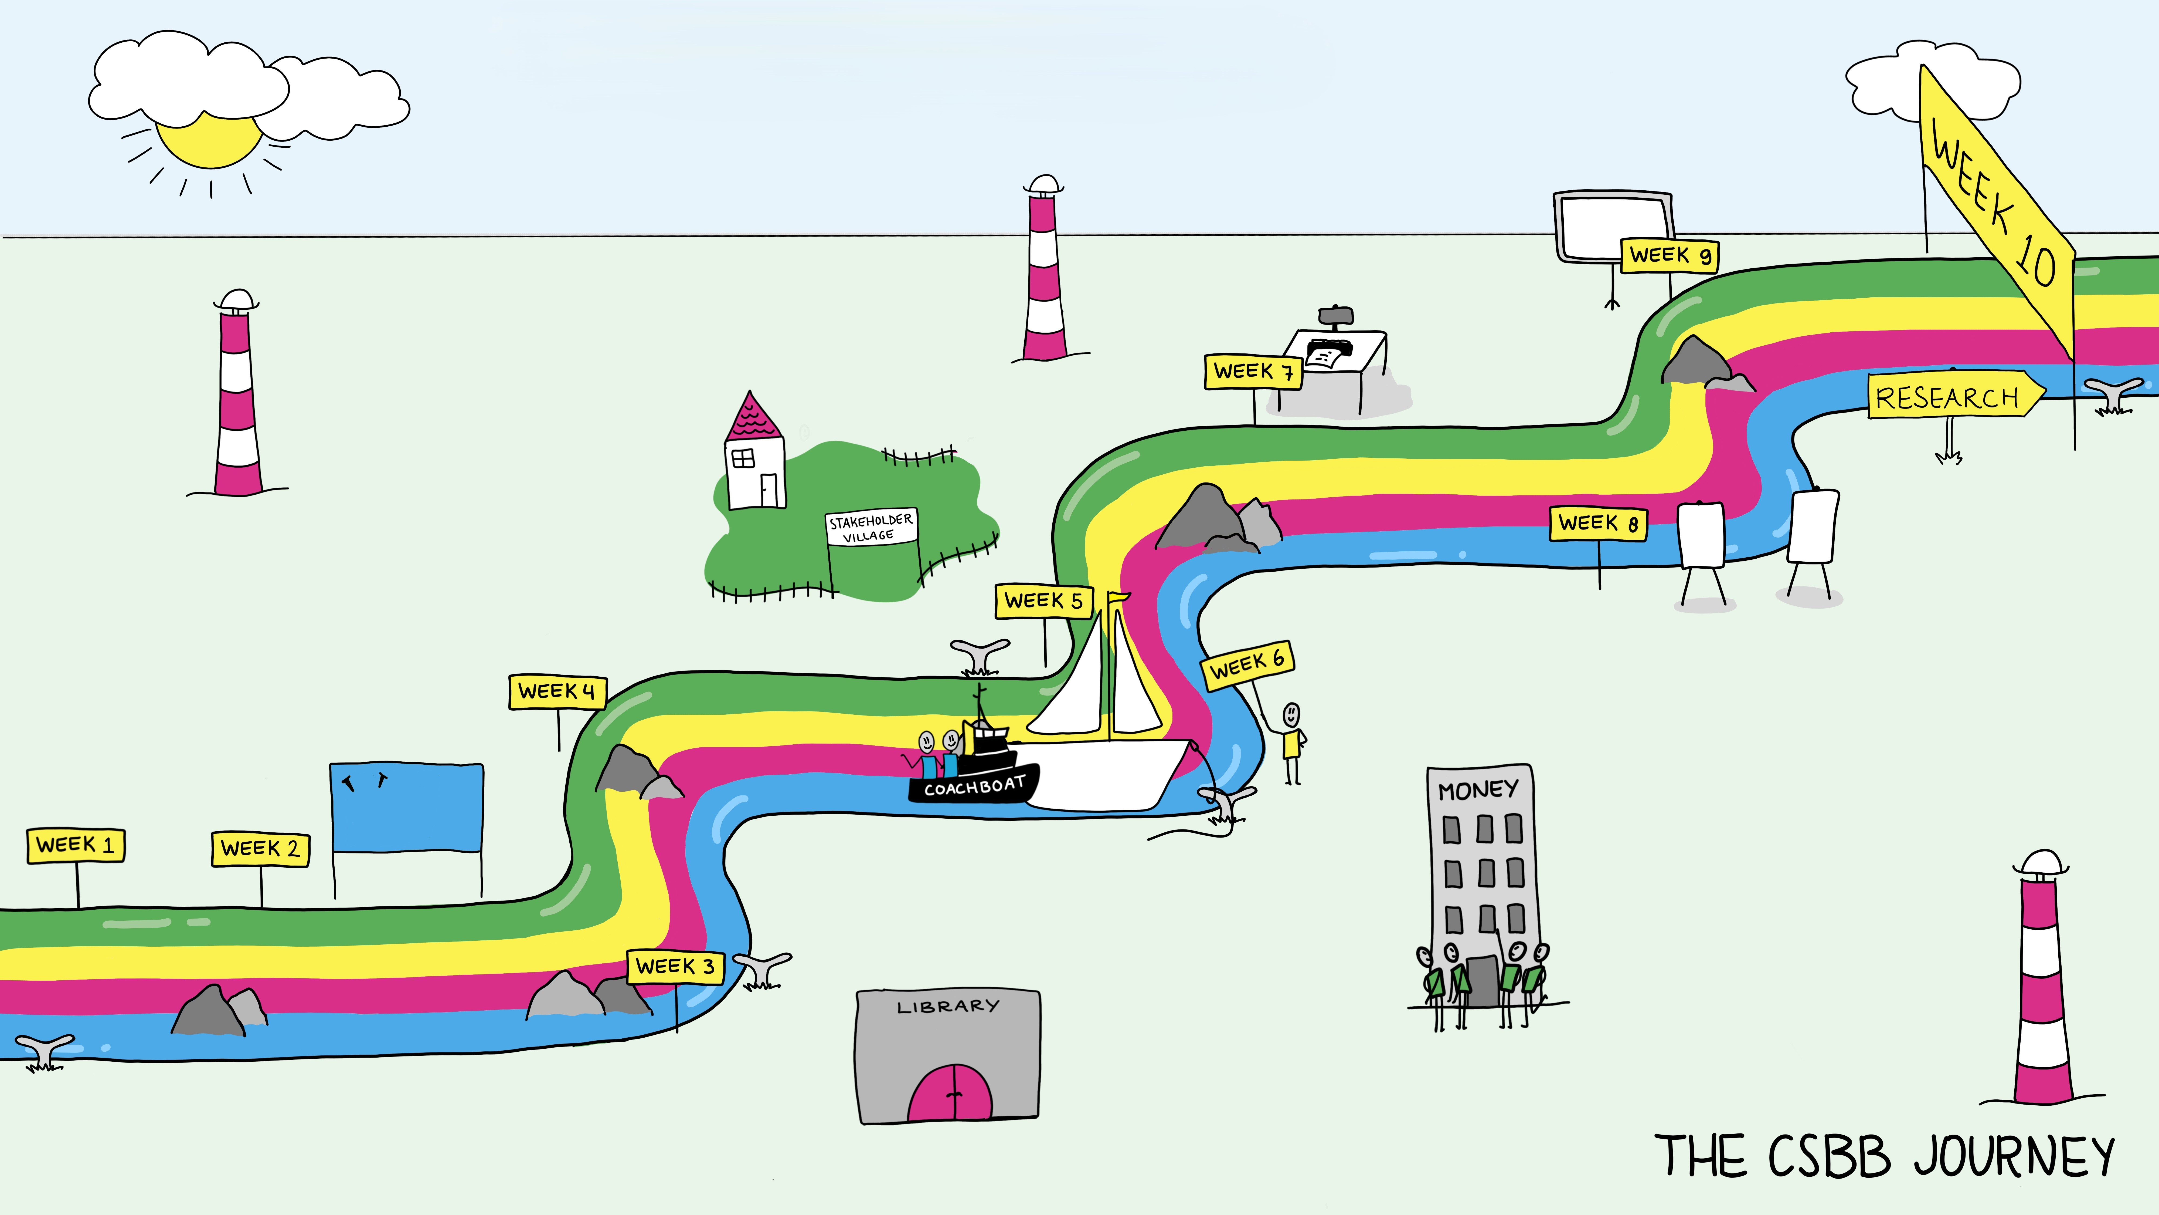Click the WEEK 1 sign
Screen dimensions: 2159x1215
76,844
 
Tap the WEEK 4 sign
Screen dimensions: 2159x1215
557,692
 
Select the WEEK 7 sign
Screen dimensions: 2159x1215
1253,372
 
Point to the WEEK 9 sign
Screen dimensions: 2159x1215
1670,255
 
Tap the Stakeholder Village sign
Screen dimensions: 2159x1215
871,527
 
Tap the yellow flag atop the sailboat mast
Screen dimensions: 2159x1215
1119,597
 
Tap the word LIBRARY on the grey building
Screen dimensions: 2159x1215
948,1006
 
